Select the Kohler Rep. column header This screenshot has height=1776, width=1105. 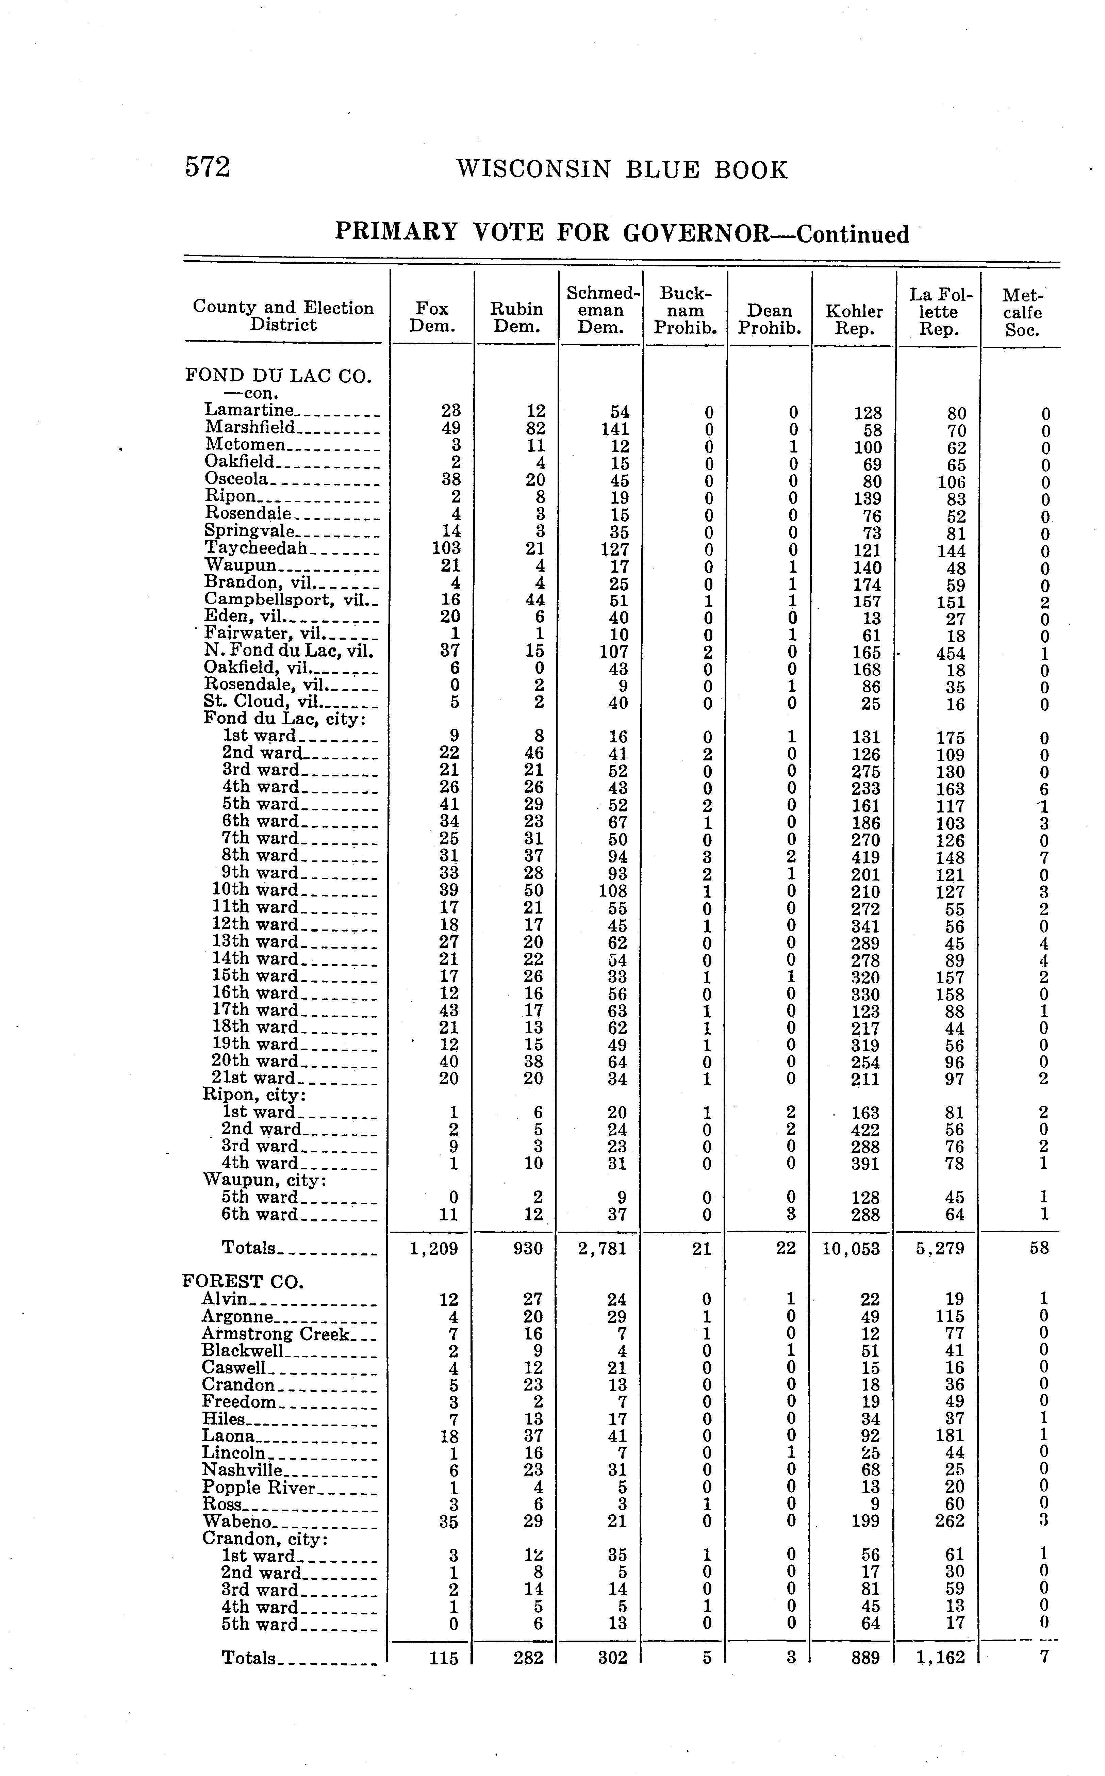coord(854,320)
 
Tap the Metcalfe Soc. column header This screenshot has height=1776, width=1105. coord(1022,313)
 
